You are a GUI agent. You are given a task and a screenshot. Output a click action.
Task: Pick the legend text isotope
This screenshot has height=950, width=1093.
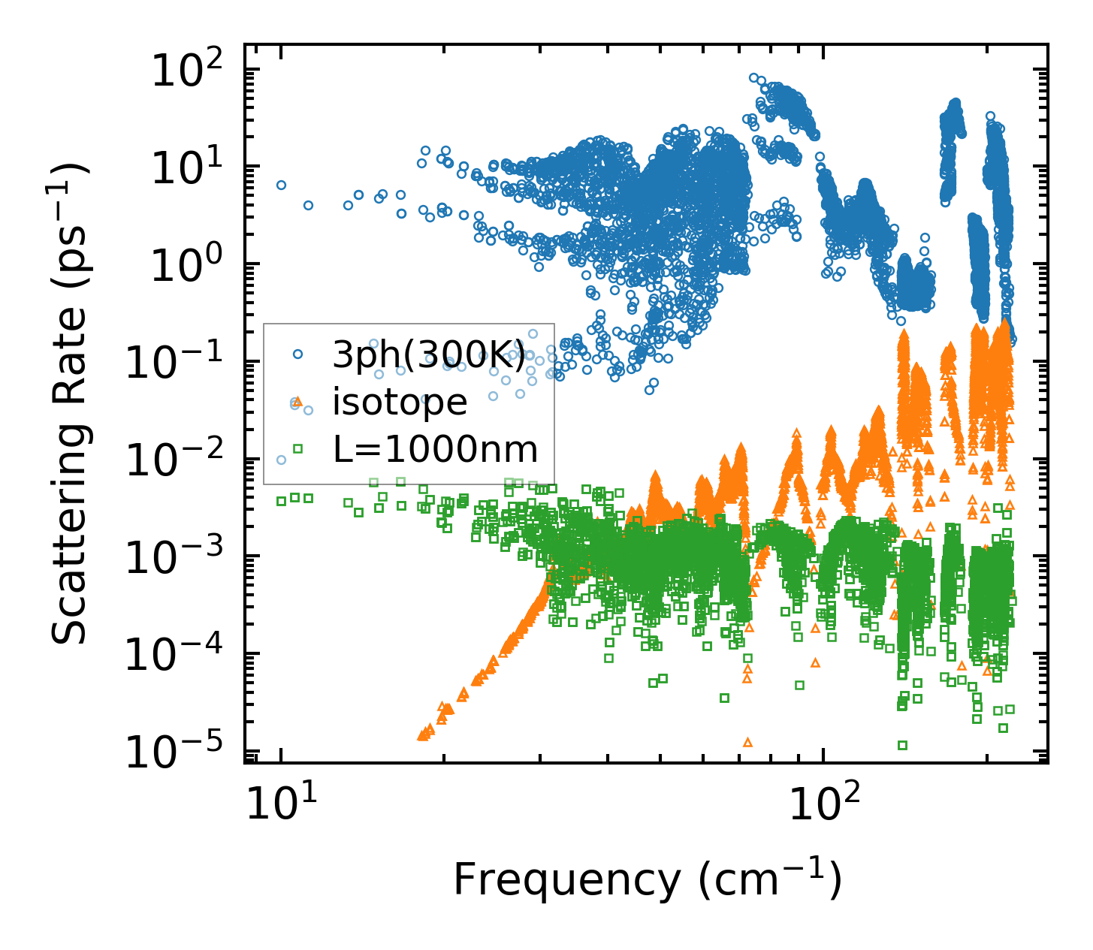(x=400, y=403)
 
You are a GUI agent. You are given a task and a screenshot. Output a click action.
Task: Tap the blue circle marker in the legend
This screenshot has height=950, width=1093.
(x=297, y=354)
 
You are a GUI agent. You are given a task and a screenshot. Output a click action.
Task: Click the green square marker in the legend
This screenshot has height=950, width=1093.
(x=297, y=449)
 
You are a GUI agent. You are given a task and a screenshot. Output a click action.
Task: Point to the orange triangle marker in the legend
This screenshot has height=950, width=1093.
(x=297, y=402)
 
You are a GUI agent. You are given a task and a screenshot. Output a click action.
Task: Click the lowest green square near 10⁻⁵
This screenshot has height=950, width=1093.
(x=902, y=745)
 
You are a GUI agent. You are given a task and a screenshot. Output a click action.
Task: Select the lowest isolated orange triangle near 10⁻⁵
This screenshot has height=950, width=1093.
(x=747, y=742)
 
